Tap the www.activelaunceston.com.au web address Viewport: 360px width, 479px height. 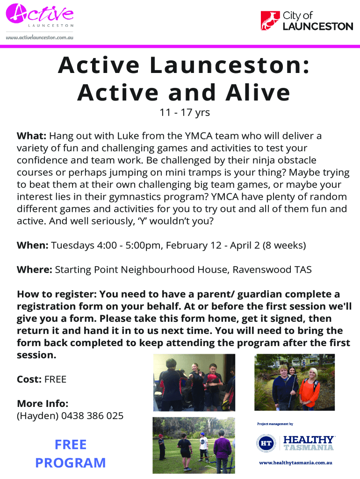[39, 37]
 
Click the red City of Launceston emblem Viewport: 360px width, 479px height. [270, 21]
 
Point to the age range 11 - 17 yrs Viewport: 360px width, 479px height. [185, 112]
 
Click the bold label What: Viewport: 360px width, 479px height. [31, 136]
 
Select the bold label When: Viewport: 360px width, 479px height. [32, 245]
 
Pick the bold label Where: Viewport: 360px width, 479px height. [35, 270]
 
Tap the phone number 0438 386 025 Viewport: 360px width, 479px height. [92, 416]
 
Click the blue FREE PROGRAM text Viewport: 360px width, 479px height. [71, 454]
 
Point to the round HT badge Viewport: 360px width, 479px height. [266, 443]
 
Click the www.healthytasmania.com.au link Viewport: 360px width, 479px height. [295, 463]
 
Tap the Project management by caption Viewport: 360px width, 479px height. [275, 424]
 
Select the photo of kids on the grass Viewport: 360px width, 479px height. [194, 445]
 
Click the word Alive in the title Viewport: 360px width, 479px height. [258, 93]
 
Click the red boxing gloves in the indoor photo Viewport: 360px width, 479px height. [212, 379]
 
